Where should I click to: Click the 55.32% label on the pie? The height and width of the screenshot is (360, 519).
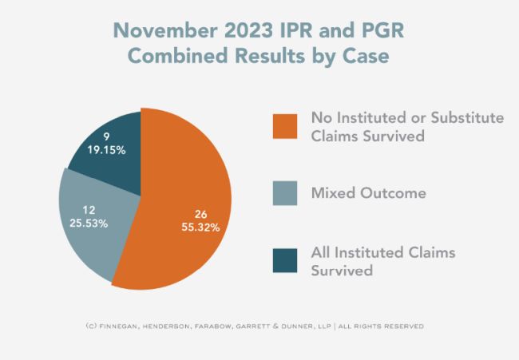click(x=200, y=227)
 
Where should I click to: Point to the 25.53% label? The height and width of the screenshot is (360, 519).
click(x=89, y=223)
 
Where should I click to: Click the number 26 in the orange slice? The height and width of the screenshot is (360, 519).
click(x=200, y=213)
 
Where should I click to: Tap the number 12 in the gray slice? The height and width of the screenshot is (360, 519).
click(x=89, y=209)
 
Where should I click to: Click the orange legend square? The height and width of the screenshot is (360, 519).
click(x=284, y=125)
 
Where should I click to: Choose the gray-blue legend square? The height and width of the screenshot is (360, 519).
click(x=284, y=192)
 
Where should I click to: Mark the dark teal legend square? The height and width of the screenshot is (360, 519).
click(x=284, y=259)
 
